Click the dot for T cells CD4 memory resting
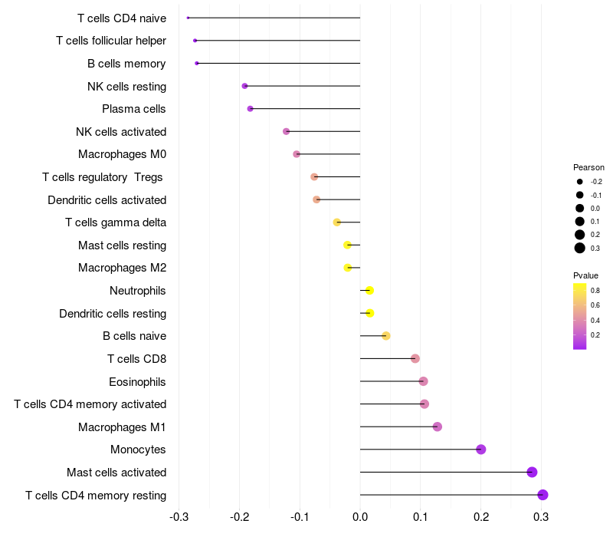[543, 495]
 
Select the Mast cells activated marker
[532, 473]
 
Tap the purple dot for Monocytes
[481, 450]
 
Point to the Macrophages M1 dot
[438, 427]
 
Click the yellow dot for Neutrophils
[369, 291]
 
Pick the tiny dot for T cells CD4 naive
[188, 18]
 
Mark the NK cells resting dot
[244, 86]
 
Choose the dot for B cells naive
[386, 336]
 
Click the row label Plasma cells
[134, 109]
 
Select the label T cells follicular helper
[111, 41]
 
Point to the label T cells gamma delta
[116, 222]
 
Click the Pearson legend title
[588, 167]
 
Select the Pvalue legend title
[585, 275]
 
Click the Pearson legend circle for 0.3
[580, 248]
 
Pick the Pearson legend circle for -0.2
[580, 182]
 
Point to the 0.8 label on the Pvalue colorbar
[595, 291]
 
